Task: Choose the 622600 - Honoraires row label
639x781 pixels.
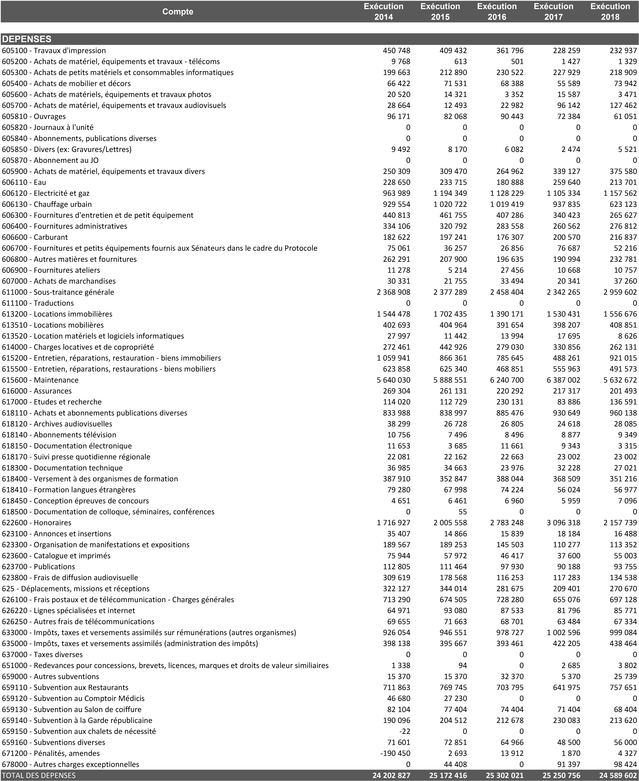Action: point(37,522)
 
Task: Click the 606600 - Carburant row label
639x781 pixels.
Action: point(35,237)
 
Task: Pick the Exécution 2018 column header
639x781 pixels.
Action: point(610,12)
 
